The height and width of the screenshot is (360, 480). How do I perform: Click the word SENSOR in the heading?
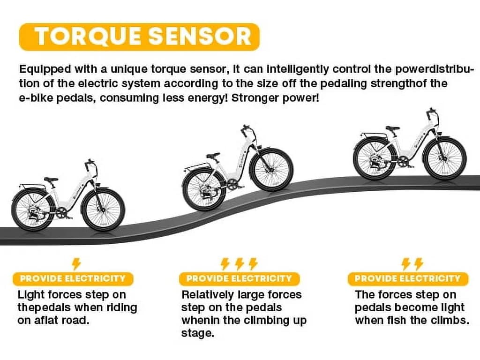click(x=204, y=37)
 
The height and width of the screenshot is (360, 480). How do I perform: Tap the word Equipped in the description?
click(x=44, y=69)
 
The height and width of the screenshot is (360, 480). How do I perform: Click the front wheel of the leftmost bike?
click(x=103, y=210)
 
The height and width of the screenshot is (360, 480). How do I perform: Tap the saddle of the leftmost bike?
click(x=51, y=180)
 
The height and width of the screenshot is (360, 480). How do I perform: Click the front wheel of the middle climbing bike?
click(x=271, y=170)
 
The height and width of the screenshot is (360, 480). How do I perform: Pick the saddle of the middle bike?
click(x=213, y=155)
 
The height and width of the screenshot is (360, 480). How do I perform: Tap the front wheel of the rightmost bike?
click(x=444, y=158)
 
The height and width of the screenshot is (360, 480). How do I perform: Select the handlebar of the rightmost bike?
click(x=431, y=112)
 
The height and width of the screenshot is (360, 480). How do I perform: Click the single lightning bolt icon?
click(x=76, y=263)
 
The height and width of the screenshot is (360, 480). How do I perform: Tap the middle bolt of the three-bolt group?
click(x=240, y=263)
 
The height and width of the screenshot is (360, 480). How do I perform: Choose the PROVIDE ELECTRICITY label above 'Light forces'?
click(x=73, y=278)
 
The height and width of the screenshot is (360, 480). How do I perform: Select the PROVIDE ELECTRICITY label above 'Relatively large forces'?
click(x=239, y=278)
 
